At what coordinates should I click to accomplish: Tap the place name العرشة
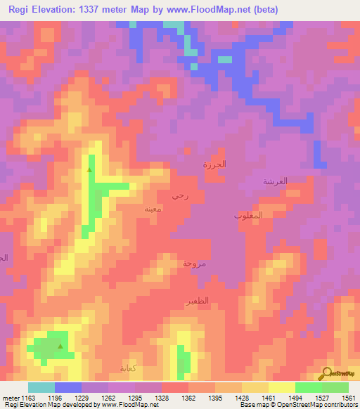pos(276,181)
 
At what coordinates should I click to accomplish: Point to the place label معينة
pos(153,209)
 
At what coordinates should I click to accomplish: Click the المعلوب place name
pos(248,215)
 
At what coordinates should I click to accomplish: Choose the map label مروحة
pos(194,264)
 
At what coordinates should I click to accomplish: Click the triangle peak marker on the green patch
pos(60,346)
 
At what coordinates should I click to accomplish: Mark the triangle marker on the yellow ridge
pos(89,169)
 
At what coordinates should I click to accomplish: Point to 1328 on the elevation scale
pos(169,398)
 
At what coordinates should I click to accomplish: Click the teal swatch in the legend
pos(41,387)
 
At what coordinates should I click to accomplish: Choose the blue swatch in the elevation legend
pos(67,387)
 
